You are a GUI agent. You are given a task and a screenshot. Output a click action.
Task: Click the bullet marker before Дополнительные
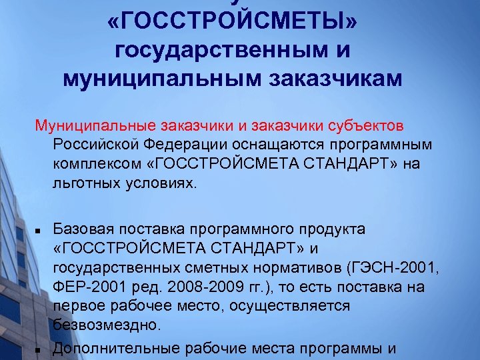39,348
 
